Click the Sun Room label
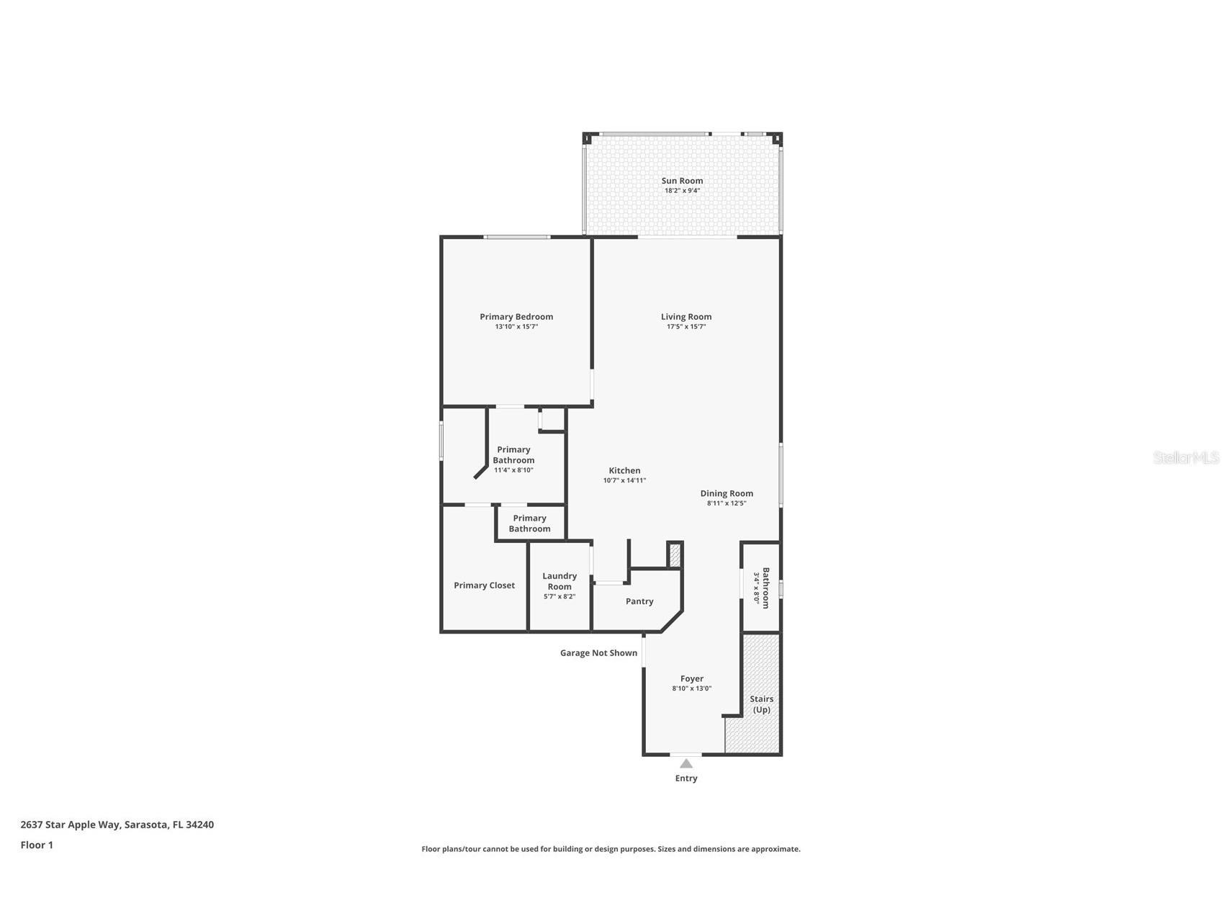click(x=682, y=181)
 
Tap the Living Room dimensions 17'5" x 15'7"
click(x=686, y=327)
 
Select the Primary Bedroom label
click(x=516, y=317)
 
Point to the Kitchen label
click(x=624, y=470)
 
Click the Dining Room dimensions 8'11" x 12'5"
click(x=726, y=503)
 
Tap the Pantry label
click(x=639, y=601)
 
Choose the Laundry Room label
click(x=560, y=581)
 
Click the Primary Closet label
click(x=484, y=585)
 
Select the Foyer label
click(x=692, y=678)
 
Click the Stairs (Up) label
click(x=761, y=704)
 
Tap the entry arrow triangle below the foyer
click(x=686, y=763)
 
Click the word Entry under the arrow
click(x=686, y=778)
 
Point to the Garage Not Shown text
click(x=598, y=653)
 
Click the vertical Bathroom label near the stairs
click(x=765, y=588)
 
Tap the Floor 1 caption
click(x=37, y=845)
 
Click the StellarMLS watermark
click(x=1185, y=457)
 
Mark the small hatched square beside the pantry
click(x=675, y=554)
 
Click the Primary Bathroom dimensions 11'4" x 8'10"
click(x=513, y=470)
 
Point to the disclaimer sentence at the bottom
click(x=611, y=849)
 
